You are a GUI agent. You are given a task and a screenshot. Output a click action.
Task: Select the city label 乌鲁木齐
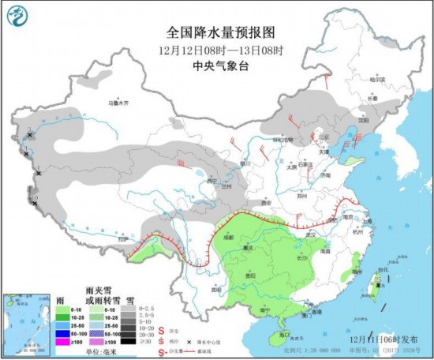click(118, 103)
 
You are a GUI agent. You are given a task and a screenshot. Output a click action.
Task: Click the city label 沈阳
click(361, 120)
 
